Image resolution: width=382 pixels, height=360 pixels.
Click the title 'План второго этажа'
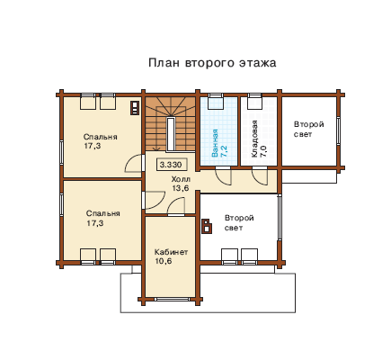[x=212, y=63]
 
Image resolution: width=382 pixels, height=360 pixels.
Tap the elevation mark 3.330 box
[x=171, y=165]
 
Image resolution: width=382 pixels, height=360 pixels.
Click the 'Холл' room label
[x=181, y=179]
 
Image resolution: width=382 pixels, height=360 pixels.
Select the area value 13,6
[x=181, y=188]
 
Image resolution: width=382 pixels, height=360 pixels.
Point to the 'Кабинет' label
[x=171, y=252]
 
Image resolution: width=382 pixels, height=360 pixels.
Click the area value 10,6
[x=164, y=261]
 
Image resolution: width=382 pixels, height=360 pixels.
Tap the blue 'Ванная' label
[x=215, y=143]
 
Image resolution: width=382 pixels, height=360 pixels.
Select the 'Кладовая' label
[x=254, y=139]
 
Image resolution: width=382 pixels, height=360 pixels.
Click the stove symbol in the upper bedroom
[x=135, y=108]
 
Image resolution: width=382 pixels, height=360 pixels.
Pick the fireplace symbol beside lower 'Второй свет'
[x=207, y=226]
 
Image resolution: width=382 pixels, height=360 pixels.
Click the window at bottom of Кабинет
[x=172, y=299]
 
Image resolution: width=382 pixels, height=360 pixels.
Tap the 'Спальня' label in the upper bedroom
[x=100, y=138]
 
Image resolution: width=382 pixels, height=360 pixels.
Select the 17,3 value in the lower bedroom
[x=95, y=223]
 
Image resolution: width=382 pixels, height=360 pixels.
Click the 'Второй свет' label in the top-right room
[x=308, y=130]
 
